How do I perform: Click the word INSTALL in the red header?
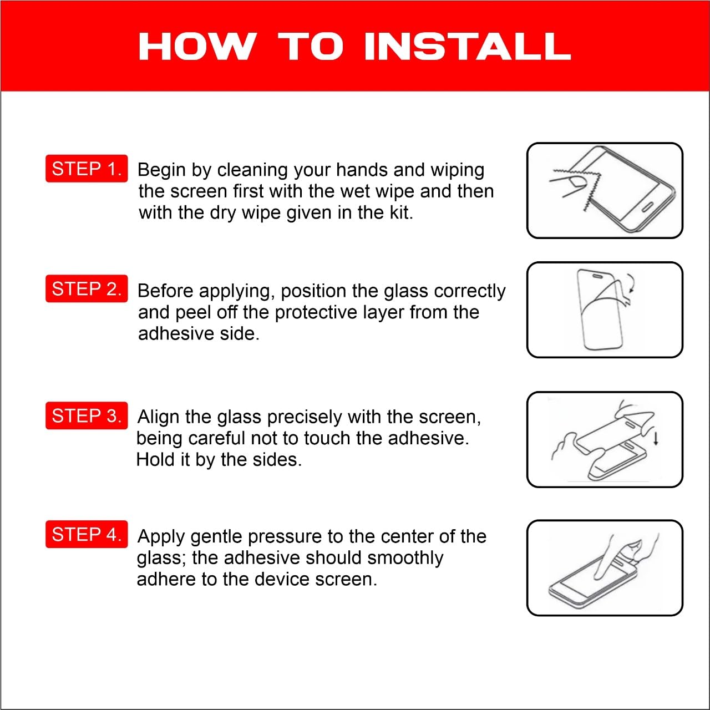coord(468,46)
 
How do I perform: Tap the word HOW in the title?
coord(197,46)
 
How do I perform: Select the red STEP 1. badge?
coord(87,169)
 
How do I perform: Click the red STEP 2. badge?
coord(87,288)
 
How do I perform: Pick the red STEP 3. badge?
coord(87,415)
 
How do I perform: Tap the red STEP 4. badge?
coord(87,534)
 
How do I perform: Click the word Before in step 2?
coord(165,291)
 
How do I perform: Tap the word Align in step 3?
coord(159,417)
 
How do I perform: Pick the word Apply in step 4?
coord(161,537)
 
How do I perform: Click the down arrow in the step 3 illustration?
coord(656,438)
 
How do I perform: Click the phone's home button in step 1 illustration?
coord(648,207)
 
